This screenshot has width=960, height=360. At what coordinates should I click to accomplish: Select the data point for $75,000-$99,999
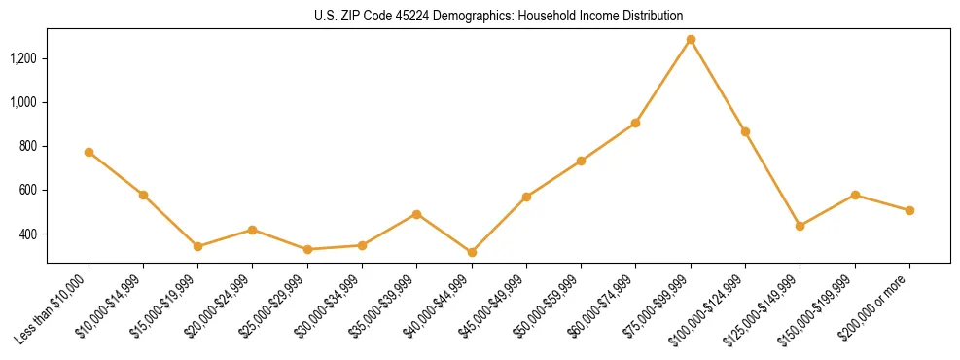tap(691, 40)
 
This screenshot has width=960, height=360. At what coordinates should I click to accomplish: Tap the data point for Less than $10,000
tap(89, 152)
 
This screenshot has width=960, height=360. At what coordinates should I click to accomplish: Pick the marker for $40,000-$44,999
tap(472, 252)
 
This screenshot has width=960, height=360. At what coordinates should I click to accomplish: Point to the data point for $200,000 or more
tap(909, 210)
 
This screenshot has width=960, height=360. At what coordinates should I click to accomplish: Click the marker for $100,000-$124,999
tap(745, 131)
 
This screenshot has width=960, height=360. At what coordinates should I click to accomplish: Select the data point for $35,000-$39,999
tap(416, 214)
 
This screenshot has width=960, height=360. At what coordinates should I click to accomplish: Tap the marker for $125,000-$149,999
tap(800, 226)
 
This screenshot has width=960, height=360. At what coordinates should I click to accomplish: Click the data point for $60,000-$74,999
tap(635, 123)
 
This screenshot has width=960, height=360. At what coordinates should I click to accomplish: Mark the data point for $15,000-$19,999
tap(197, 246)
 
